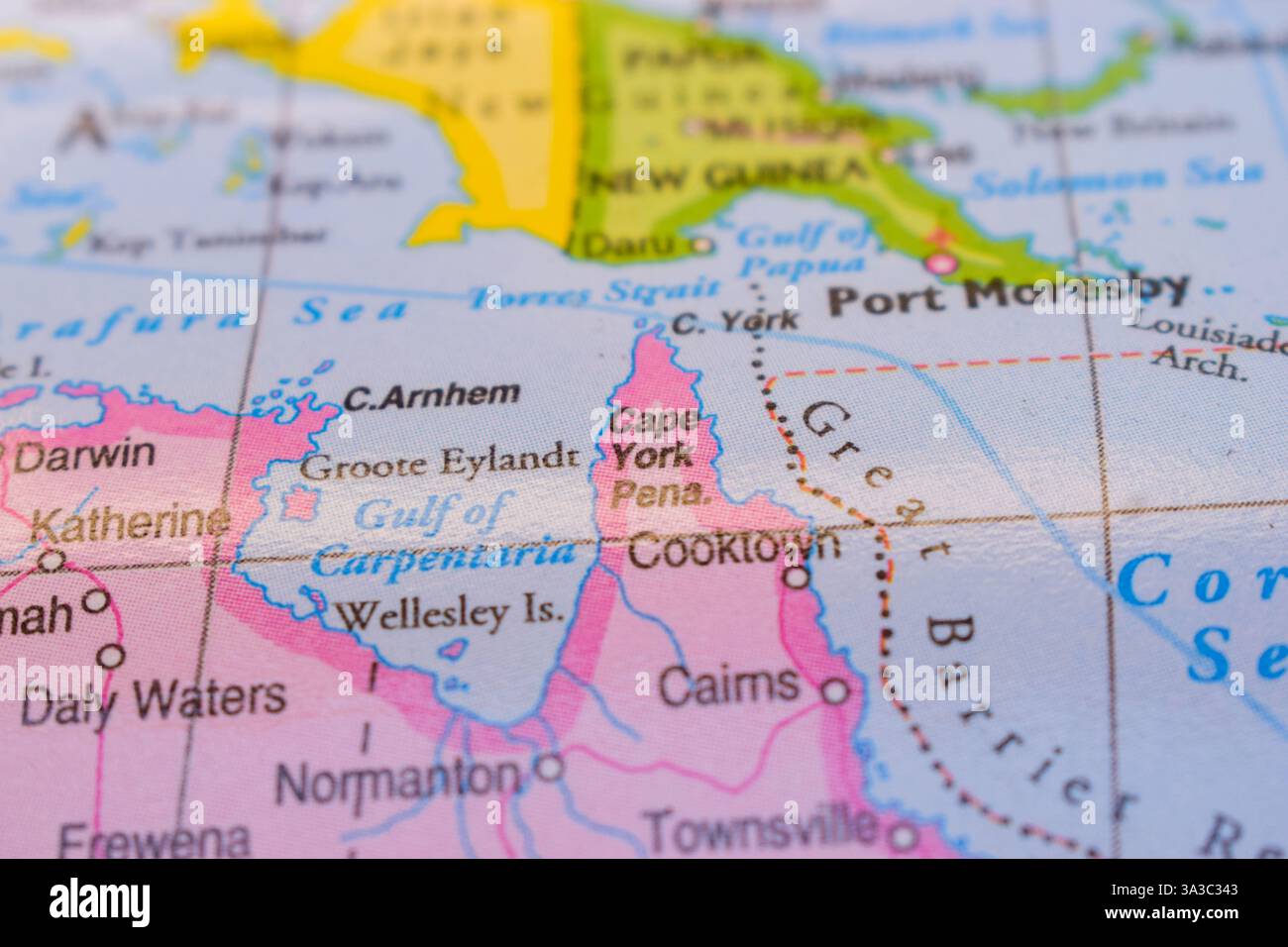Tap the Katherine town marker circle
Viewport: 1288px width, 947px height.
point(50,561)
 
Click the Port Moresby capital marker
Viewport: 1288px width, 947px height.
point(939,263)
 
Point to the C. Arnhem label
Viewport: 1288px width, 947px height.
point(431,395)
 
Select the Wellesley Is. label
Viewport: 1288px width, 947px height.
point(451,615)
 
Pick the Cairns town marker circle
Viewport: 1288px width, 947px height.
point(837,690)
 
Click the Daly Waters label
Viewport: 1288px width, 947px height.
point(154,700)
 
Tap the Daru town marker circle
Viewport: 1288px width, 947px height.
point(702,244)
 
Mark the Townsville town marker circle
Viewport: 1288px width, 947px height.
point(902,838)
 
